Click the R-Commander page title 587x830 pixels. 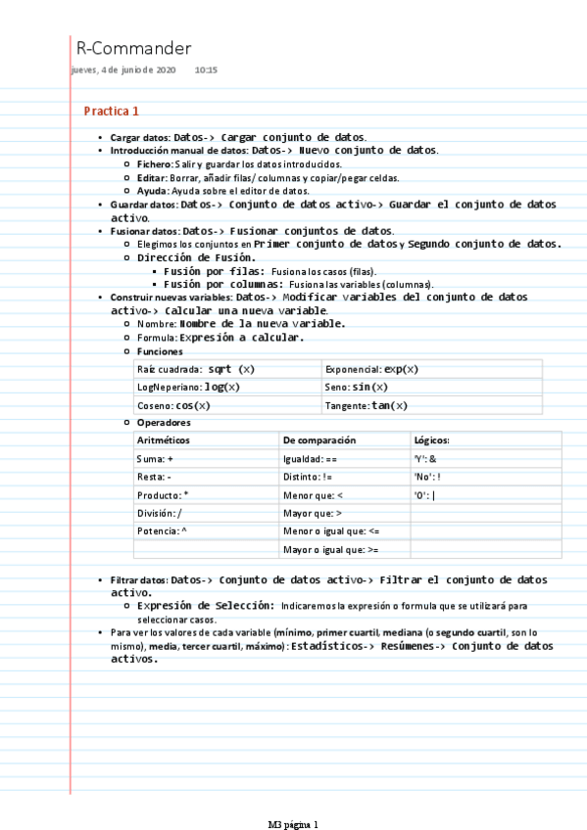click(x=133, y=48)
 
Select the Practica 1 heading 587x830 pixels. click(x=112, y=111)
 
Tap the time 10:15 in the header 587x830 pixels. click(x=206, y=70)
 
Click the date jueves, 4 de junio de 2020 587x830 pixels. click(x=123, y=70)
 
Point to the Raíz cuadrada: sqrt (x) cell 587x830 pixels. click(x=195, y=369)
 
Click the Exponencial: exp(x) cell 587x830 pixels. click(x=371, y=369)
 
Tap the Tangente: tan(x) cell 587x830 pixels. click(x=367, y=405)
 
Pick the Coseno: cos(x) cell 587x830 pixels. click(x=173, y=405)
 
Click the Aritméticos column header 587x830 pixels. click(x=164, y=440)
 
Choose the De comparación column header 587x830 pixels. click(x=318, y=440)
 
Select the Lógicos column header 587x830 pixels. click(x=432, y=440)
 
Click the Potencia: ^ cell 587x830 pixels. click(x=162, y=530)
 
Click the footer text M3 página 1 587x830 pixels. click(x=294, y=823)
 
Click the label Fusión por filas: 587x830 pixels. click(x=214, y=270)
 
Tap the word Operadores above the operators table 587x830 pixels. click(x=164, y=423)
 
